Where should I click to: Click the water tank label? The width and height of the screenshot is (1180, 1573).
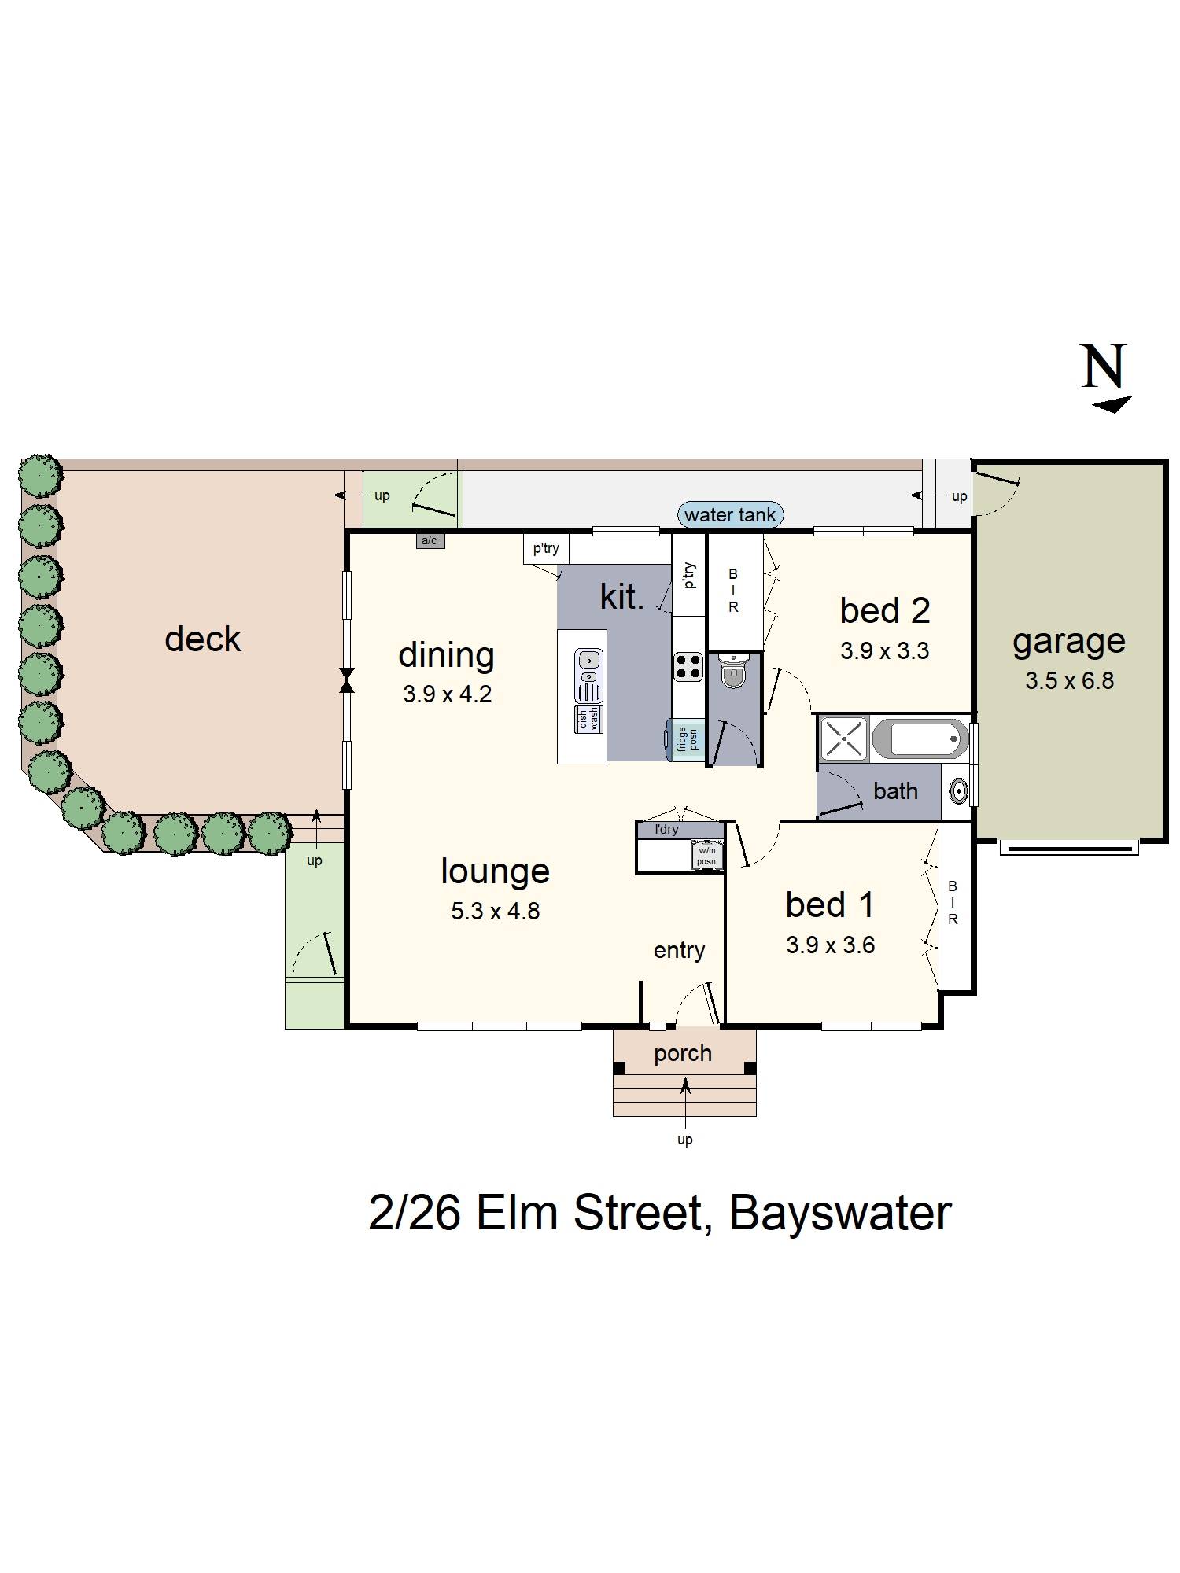pos(730,515)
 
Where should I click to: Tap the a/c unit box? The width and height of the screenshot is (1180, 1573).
pos(430,540)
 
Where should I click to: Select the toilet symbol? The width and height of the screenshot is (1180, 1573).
pos(733,672)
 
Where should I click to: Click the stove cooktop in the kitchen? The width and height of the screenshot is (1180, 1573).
pos(688,667)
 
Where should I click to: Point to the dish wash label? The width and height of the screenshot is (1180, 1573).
pos(588,719)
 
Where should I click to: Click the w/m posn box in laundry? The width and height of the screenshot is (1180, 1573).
pos(706,856)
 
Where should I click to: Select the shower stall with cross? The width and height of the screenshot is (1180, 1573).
pos(843,739)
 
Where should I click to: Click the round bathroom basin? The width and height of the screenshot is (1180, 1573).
pos(958,791)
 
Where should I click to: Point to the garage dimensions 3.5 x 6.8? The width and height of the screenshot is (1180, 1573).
pos(1069,680)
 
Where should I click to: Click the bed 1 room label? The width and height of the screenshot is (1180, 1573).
pos(830,904)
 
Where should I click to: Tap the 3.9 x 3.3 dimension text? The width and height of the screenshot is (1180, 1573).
pos(885,651)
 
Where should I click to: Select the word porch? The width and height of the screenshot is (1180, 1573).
pos(683,1053)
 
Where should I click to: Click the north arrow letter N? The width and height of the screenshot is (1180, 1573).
pos(1104,367)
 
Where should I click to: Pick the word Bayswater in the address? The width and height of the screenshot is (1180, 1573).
pos(840,1212)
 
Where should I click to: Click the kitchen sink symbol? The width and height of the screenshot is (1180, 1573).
pos(588,675)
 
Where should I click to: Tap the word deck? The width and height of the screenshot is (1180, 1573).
pos(202,639)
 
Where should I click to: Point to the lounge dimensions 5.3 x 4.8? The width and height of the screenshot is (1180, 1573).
pos(495,911)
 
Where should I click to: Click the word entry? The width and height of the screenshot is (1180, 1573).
pos(679,950)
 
